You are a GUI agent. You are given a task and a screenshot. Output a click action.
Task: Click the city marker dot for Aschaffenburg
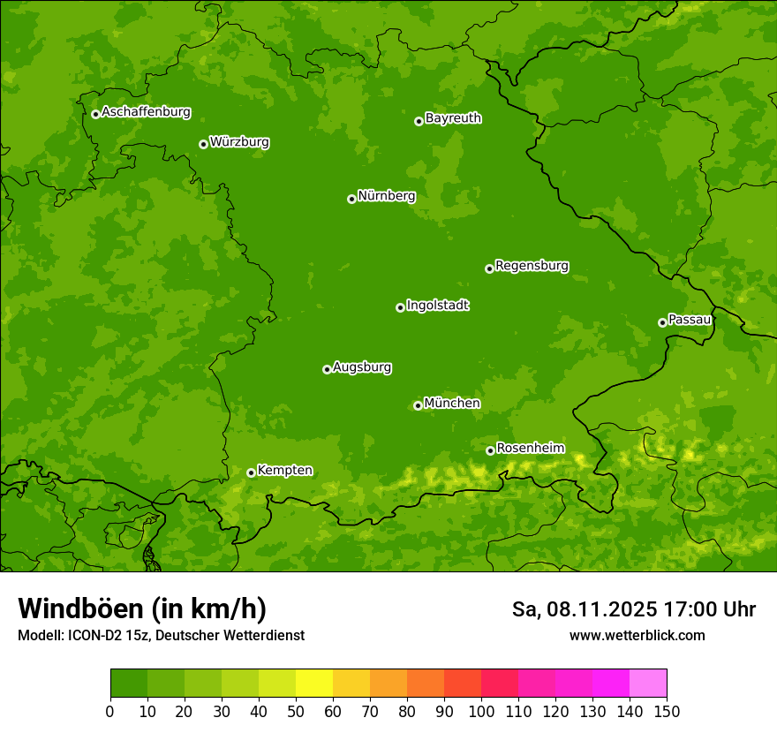tap(95, 114)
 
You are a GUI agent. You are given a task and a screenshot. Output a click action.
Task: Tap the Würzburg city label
tap(239, 142)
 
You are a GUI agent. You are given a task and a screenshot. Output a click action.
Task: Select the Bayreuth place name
tap(453, 118)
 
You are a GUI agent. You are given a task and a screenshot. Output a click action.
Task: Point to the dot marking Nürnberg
tap(351, 199)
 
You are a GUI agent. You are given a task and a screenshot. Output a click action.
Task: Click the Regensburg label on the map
tap(532, 266)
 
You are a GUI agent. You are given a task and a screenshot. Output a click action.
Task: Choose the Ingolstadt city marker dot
tap(400, 307)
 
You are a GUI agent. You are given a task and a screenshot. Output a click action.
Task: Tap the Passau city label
tap(690, 320)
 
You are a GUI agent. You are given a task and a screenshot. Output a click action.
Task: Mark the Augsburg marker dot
tap(327, 369)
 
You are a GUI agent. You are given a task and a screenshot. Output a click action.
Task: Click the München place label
tap(452, 404)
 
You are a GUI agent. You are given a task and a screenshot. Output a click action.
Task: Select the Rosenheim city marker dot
tap(490, 450)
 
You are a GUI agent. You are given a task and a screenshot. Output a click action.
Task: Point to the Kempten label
tap(284, 471)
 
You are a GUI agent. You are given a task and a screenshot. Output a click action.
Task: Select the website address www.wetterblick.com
tap(637, 635)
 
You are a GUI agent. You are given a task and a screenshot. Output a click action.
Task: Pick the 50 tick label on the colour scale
tap(296, 711)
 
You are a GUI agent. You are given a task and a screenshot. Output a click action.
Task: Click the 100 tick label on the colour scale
tap(481, 711)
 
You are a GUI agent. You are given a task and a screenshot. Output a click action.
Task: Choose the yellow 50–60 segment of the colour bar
tap(314, 684)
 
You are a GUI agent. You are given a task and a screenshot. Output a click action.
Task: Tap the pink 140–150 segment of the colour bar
tap(648, 684)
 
